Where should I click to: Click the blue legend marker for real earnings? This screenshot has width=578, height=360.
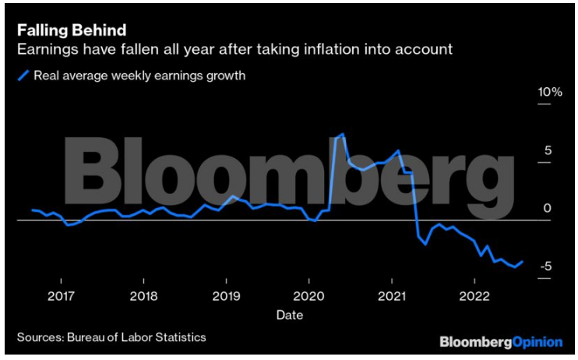point(23,76)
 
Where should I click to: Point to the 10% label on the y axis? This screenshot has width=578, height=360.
point(549,92)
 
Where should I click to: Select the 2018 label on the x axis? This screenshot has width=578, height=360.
point(143,296)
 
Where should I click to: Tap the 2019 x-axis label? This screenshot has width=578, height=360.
point(226,296)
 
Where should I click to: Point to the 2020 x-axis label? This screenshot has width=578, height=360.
point(308,296)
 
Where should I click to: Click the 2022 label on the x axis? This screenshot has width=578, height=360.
point(474,296)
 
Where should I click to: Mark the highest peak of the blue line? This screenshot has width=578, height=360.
point(344,135)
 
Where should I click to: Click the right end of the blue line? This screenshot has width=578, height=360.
point(522,262)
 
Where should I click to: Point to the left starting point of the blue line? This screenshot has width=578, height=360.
point(33,210)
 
